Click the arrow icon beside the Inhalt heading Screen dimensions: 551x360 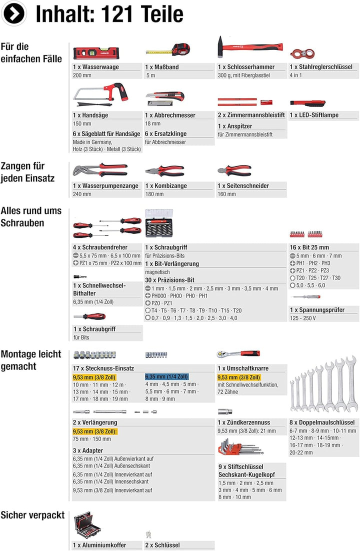click(x=14, y=14)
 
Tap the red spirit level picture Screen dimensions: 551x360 click(x=92, y=51)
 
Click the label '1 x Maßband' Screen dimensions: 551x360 click(x=162, y=67)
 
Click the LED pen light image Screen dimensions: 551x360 click(x=308, y=103)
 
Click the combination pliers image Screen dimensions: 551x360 click(x=164, y=171)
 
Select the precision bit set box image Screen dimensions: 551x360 click(x=159, y=224)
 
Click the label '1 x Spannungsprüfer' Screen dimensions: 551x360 click(x=317, y=310)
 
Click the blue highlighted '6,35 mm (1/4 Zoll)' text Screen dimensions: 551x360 click(x=166, y=377)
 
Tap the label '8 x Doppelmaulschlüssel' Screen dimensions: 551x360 click(x=321, y=422)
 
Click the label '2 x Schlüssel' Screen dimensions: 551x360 click(x=162, y=545)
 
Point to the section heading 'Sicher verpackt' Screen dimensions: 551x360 click(x=32, y=515)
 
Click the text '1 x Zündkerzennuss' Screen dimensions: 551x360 click(x=244, y=422)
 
